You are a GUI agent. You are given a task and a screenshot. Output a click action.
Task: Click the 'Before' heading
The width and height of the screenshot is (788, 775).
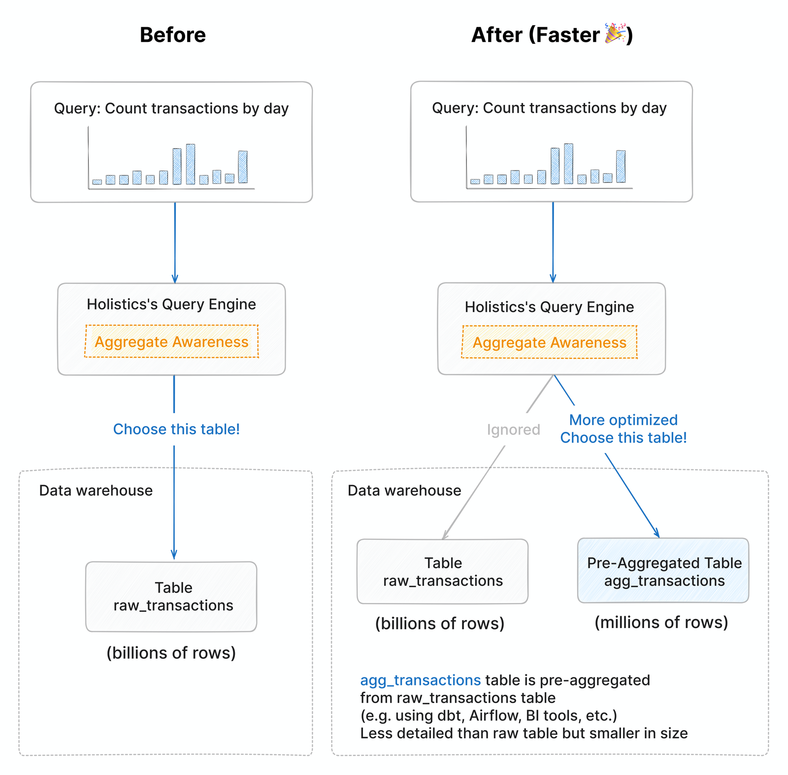click(x=172, y=35)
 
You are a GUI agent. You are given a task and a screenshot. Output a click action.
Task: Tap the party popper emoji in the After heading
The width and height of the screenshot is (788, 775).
click(x=615, y=34)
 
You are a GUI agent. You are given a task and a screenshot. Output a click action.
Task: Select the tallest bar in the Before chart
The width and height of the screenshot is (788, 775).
click(x=191, y=164)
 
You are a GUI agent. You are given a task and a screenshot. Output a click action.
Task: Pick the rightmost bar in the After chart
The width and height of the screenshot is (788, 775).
click(x=621, y=167)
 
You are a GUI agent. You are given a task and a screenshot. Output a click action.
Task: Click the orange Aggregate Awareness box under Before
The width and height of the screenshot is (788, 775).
click(x=171, y=341)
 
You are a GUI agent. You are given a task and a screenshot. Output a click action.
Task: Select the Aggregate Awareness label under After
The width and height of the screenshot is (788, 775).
click(x=549, y=342)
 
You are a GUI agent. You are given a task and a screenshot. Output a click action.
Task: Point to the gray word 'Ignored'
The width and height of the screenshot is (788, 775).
click(x=513, y=429)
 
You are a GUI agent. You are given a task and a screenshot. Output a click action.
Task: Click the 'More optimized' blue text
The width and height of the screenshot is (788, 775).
click(x=623, y=420)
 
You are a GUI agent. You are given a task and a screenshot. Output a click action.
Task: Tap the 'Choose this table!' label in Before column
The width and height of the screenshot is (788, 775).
click(x=176, y=429)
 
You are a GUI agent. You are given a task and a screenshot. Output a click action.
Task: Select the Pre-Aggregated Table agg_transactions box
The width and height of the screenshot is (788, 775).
click(x=663, y=571)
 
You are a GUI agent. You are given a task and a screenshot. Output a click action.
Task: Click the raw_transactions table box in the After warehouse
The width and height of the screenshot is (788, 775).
click(x=442, y=571)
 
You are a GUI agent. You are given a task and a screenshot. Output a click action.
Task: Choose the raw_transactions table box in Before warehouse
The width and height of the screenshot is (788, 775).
click(x=171, y=597)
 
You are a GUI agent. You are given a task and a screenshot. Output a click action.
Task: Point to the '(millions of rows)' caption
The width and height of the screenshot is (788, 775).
click(x=661, y=622)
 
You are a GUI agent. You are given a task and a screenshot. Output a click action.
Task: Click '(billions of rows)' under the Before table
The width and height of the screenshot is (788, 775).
click(x=171, y=653)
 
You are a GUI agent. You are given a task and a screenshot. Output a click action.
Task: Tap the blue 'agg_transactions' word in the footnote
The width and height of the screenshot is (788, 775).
click(x=420, y=680)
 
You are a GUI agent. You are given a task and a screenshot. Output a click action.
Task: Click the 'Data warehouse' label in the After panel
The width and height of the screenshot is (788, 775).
click(x=404, y=491)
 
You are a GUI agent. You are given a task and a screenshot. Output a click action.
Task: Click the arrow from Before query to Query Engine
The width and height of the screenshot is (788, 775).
click(x=175, y=242)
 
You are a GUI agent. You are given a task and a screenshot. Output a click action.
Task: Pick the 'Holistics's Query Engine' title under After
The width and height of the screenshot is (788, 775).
click(x=549, y=307)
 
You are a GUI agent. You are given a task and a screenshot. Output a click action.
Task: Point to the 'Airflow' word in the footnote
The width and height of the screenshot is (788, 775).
click(x=494, y=715)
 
